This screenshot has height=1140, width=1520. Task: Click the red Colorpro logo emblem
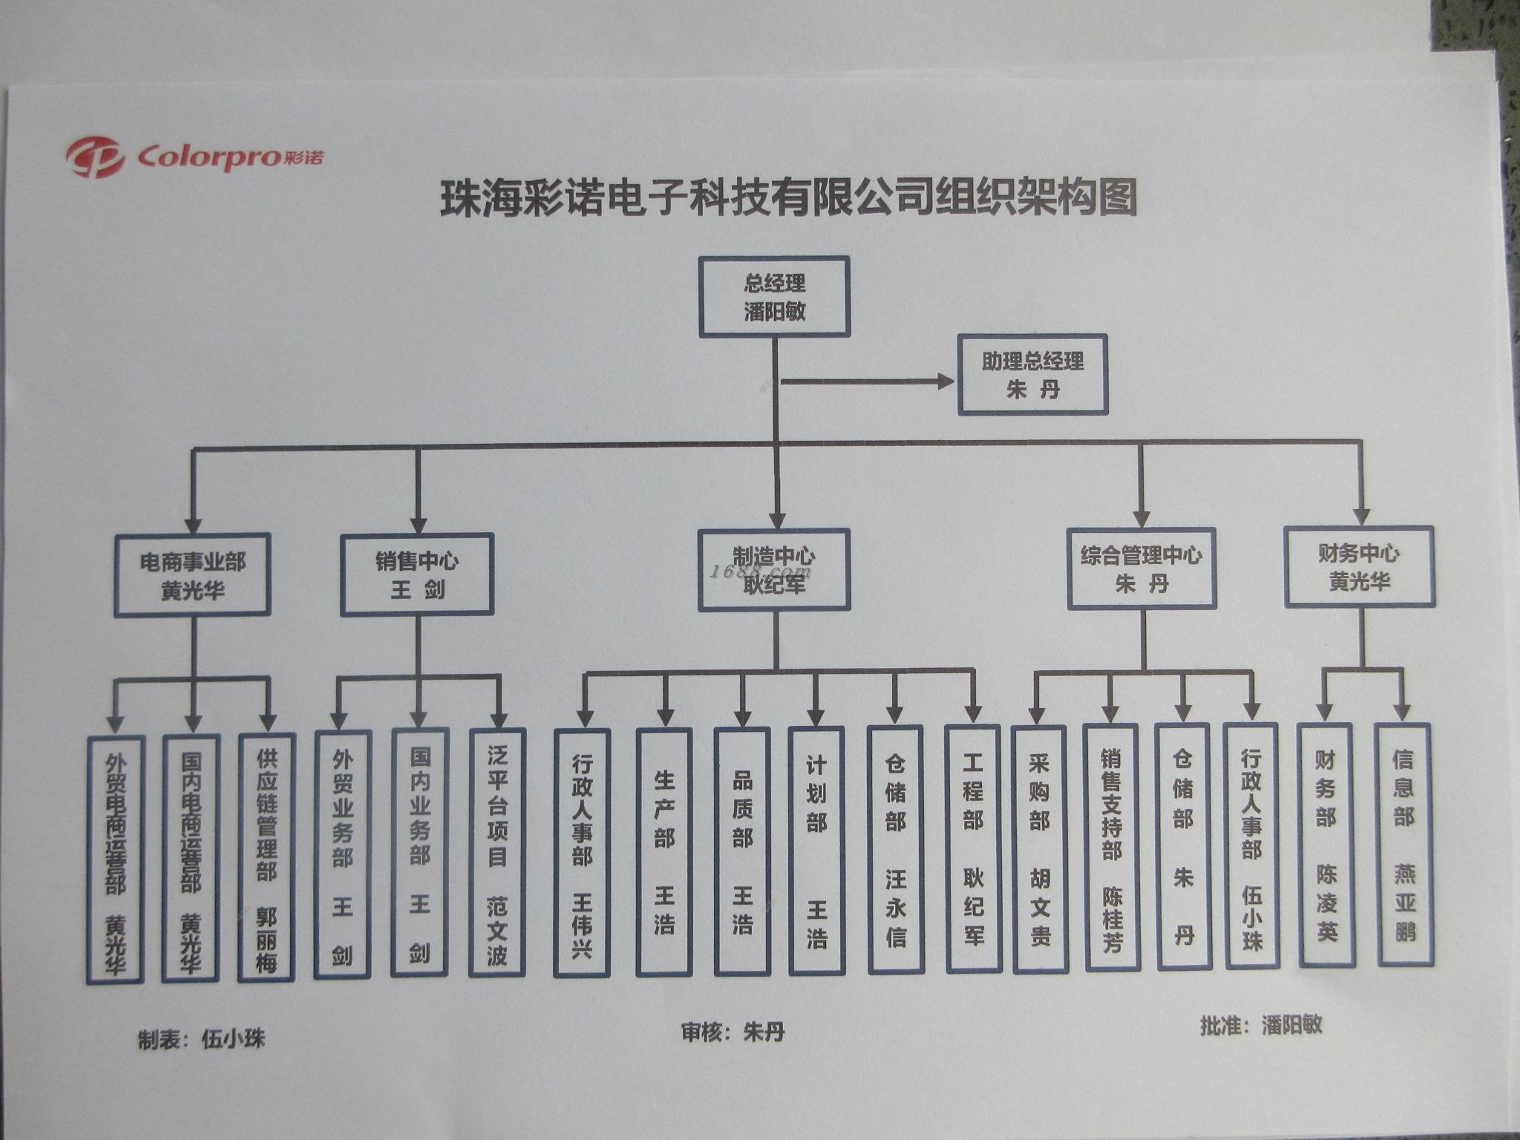click(x=94, y=157)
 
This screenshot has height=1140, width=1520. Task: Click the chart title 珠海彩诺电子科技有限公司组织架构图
click(x=789, y=199)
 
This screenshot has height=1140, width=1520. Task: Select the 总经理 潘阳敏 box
click(x=774, y=297)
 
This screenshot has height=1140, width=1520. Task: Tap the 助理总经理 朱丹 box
click(x=1032, y=375)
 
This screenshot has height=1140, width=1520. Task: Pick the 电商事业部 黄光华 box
click(x=192, y=575)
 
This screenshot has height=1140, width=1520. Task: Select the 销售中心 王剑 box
click(x=417, y=574)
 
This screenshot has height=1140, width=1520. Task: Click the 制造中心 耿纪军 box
click(x=773, y=570)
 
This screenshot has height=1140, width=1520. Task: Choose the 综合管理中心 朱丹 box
click(x=1141, y=569)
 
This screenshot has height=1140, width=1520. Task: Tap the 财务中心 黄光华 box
click(x=1359, y=566)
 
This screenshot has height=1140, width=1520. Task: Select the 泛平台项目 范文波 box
click(x=497, y=853)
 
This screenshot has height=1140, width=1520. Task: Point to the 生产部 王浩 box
click(x=664, y=851)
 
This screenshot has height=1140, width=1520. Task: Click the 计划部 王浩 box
click(x=816, y=851)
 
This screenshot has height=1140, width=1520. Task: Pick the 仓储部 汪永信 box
click(x=895, y=850)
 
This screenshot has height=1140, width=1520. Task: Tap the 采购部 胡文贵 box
click(x=1039, y=849)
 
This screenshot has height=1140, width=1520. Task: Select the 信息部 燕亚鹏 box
click(x=1403, y=845)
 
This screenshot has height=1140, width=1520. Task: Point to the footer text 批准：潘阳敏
click(x=1261, y=1026)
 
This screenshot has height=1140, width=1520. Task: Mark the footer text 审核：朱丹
click(x=733, y=1032)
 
